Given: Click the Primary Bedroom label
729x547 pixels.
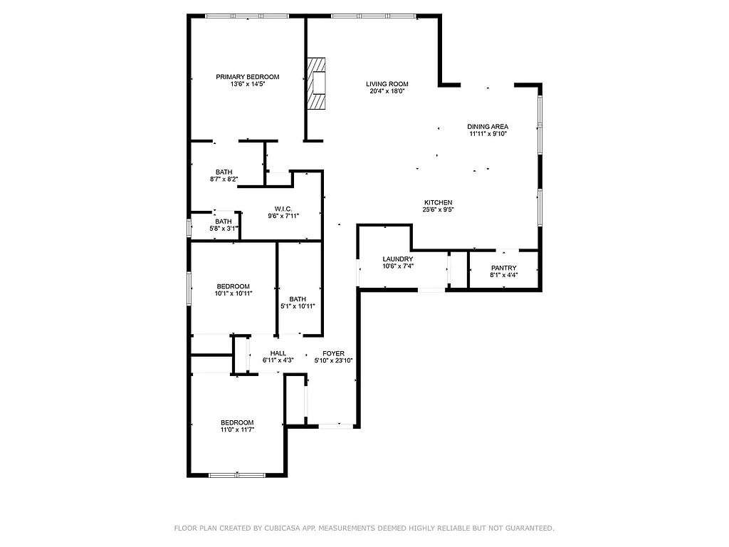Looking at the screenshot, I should point(248,77).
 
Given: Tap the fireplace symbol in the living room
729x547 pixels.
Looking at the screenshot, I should point(317,83).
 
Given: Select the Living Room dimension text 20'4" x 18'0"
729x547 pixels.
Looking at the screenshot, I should point(387,91).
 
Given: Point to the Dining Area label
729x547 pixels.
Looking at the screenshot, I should point(488,126).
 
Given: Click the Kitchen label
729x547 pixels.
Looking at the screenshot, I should point(439,202).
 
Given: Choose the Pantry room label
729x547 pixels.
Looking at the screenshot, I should point(504,268).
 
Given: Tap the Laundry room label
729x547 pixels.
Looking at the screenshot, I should point(398,259).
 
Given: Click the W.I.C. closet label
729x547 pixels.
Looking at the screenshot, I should point(283,209).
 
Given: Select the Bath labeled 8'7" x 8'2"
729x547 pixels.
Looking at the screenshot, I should point(224,172).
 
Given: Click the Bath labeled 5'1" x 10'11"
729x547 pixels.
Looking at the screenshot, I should point(298,299).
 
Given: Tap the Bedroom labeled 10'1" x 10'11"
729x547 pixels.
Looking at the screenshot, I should point(234,286).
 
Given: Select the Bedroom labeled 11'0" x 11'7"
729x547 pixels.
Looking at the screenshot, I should point(237,422).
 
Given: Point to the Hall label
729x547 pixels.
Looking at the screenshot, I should point(278,353).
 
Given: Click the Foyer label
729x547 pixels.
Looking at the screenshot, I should point(333,353).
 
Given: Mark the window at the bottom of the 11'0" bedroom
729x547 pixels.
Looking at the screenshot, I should point(237,475).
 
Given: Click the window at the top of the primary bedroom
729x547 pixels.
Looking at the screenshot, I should point(248,16).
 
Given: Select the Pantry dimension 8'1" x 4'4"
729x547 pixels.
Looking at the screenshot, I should point(504,276).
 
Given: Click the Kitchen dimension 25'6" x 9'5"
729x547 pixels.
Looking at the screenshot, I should point(439,210).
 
